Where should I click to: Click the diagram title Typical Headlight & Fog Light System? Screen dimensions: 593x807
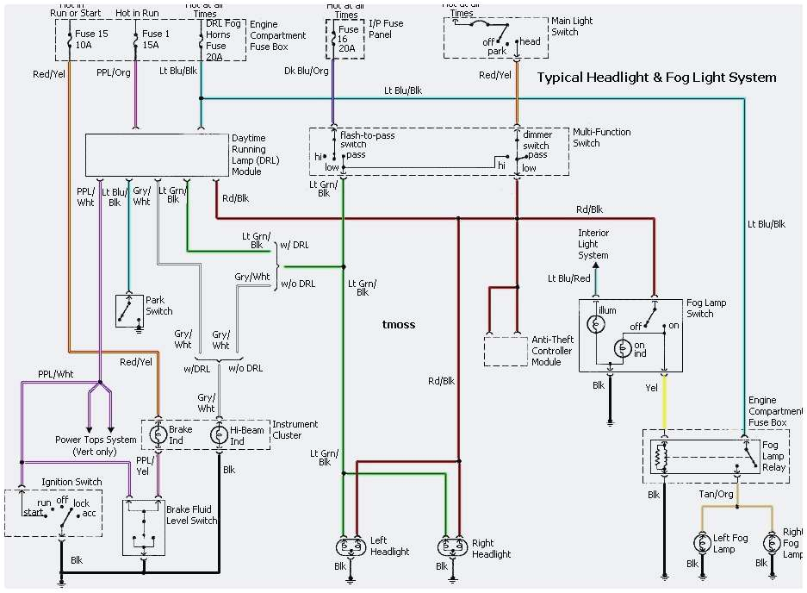pos(656,78)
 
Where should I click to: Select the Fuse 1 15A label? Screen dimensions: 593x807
pos(157,41)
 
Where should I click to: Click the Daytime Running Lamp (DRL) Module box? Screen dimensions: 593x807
pos(155,155)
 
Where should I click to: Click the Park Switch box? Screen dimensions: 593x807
pos(129,310)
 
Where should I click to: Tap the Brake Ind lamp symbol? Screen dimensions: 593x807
pos(158,435)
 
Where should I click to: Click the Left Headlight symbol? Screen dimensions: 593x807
pos(349,546)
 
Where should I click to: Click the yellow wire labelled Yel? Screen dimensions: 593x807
pos(663,402)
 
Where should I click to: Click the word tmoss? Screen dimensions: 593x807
pos(398,325)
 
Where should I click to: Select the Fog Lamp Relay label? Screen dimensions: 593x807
pos(773,456)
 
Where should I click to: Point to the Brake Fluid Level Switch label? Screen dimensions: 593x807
pos(192,515)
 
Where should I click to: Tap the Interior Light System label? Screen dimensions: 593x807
pos(593,244)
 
